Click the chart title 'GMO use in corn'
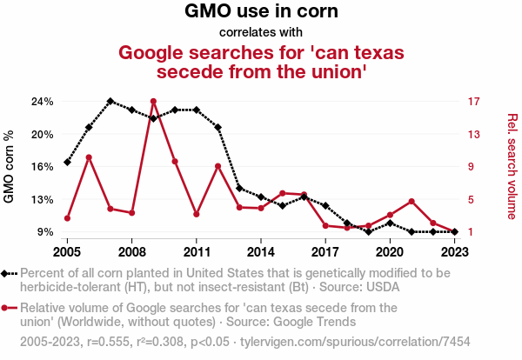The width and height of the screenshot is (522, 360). (261, 12)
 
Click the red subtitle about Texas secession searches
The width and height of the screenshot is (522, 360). (261, 62)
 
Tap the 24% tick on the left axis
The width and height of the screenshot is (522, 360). (43, 102)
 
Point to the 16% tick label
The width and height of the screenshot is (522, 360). (43, 167)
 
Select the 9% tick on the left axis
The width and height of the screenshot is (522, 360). (45, 232)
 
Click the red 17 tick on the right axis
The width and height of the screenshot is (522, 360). (474, 102)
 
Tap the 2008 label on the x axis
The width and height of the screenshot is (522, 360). (131, 252)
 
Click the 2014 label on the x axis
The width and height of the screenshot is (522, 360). (261, 252)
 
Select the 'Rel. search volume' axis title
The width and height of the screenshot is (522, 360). (512, 166)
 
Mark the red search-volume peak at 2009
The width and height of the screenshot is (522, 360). (153, 102)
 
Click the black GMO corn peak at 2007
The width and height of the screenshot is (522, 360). (110, 102)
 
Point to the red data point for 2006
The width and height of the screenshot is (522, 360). (89, 157)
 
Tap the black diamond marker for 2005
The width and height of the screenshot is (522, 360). (67, 163)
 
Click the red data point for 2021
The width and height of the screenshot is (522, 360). (412, 202)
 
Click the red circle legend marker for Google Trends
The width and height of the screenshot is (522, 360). (6, 308)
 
